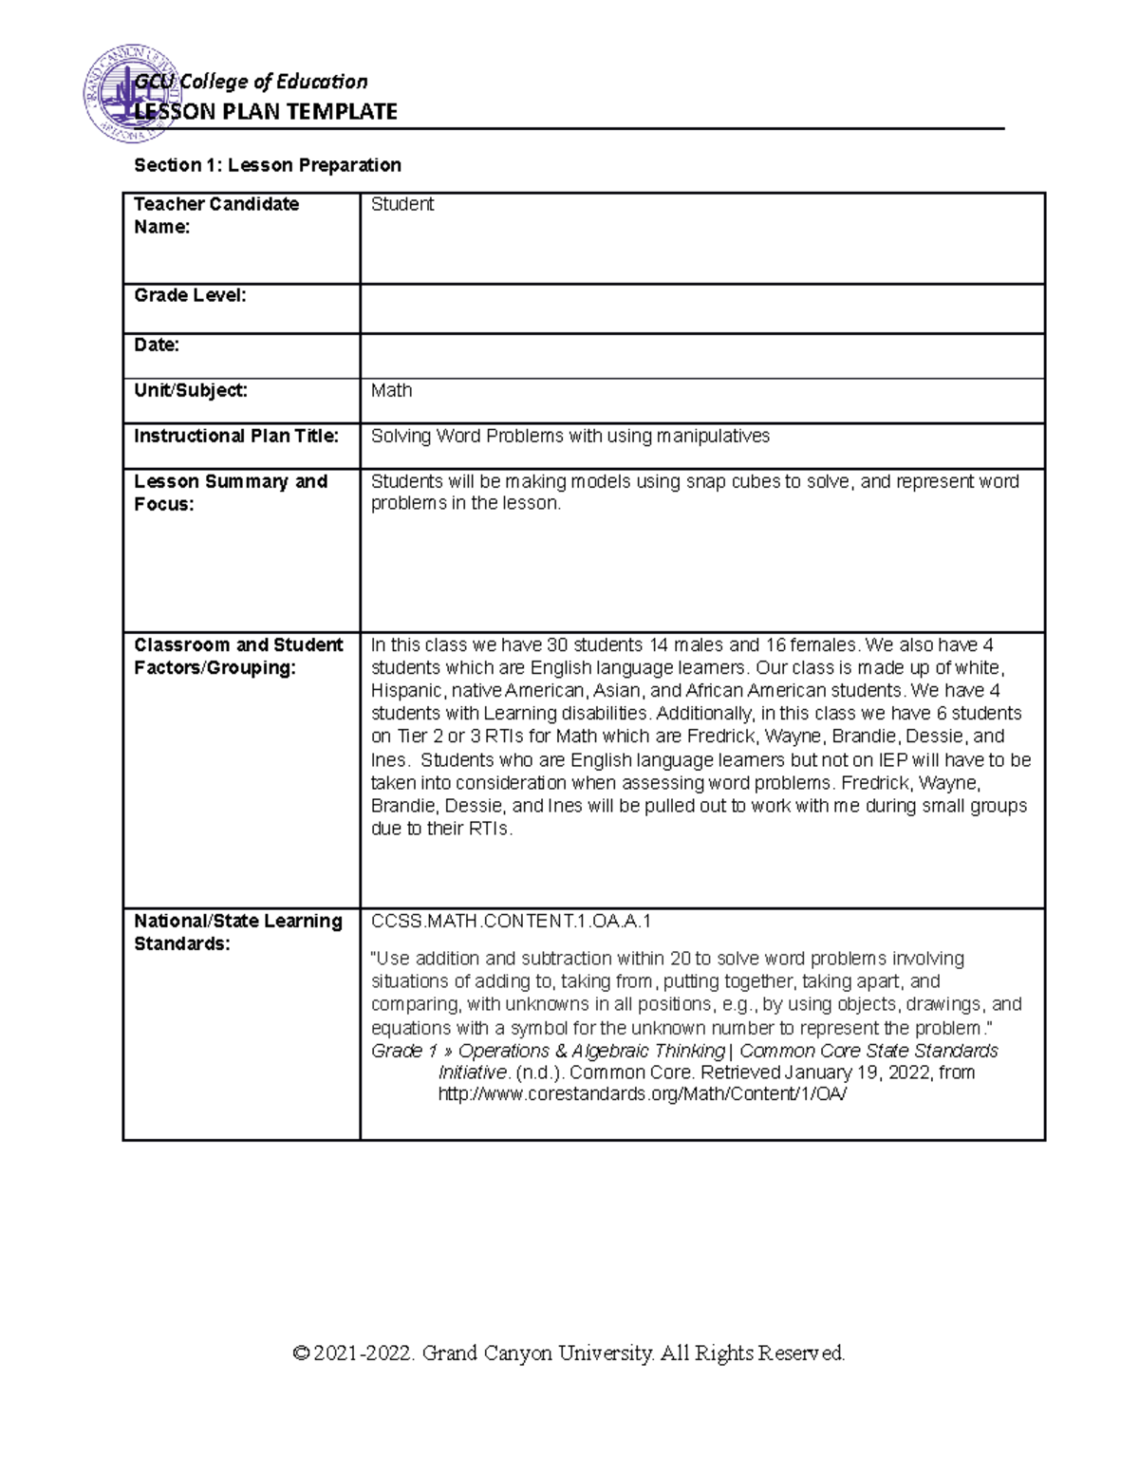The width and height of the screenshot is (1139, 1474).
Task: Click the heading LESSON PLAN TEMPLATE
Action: [x=266, y=112]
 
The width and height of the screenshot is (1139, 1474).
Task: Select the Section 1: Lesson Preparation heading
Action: [x=268, y=165]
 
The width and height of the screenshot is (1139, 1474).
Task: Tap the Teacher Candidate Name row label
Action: [x=216, y=215]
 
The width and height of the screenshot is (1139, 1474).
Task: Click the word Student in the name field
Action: [x=402, y=204]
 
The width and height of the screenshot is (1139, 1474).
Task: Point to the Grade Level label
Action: [x=190, y=295]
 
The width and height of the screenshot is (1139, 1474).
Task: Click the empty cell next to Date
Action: [x=701, y=356]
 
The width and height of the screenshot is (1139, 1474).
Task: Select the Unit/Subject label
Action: [x=191, y=390]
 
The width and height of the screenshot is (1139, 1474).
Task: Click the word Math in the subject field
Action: [x=391, y=390]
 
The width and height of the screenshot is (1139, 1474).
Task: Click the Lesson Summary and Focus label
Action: [x=231, y=493]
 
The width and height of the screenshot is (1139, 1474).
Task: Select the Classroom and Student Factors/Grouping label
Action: [x=238, y=656]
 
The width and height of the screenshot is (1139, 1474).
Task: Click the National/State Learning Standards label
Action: [x=238, y=932]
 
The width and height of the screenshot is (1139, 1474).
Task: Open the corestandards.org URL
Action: [x=642, y=1093]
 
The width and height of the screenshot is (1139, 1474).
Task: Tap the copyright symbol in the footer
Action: [x=302, y=1353]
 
